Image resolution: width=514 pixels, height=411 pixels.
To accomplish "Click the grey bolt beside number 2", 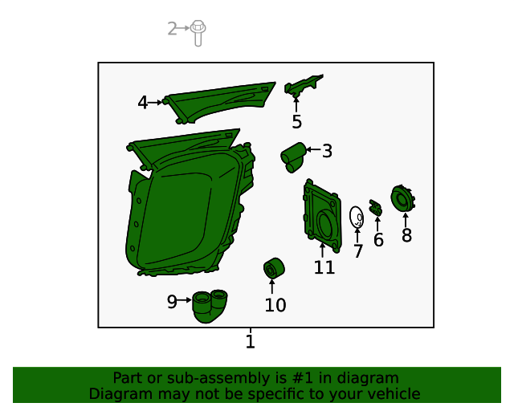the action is point(198,33).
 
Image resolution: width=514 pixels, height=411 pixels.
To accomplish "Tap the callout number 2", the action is point(172,29).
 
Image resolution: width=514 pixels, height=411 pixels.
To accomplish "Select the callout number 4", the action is point(143,103).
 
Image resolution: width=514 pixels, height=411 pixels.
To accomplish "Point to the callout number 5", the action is point(296,121).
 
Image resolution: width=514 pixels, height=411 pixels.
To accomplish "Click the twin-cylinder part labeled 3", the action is point(292,157).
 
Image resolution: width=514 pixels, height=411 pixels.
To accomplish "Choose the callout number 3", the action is point(327,151).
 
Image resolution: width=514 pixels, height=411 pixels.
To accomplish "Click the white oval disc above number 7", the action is point(357,217).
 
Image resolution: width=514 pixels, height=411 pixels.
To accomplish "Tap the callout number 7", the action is point(358,251).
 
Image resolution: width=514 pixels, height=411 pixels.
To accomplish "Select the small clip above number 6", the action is point(376,208).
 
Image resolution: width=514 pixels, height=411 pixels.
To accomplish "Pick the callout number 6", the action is point(378,239).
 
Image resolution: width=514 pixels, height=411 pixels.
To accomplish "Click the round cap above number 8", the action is point(403,198).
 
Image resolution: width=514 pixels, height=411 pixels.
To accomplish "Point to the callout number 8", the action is point(407,235).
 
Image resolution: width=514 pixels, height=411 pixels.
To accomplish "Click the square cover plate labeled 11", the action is point(323,216).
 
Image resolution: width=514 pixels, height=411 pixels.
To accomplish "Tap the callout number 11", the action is point(324,267).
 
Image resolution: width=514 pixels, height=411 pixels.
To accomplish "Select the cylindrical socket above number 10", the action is point(274,268).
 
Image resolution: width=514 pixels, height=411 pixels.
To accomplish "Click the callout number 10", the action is point(275,305).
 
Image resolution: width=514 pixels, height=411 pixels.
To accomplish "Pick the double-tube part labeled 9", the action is point(210,306).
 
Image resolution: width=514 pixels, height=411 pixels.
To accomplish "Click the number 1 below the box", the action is point(250,341).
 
